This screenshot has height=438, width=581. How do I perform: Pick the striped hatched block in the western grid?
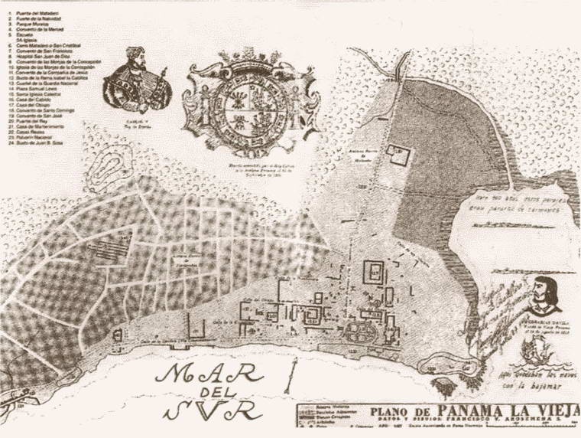tap(107, 250)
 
